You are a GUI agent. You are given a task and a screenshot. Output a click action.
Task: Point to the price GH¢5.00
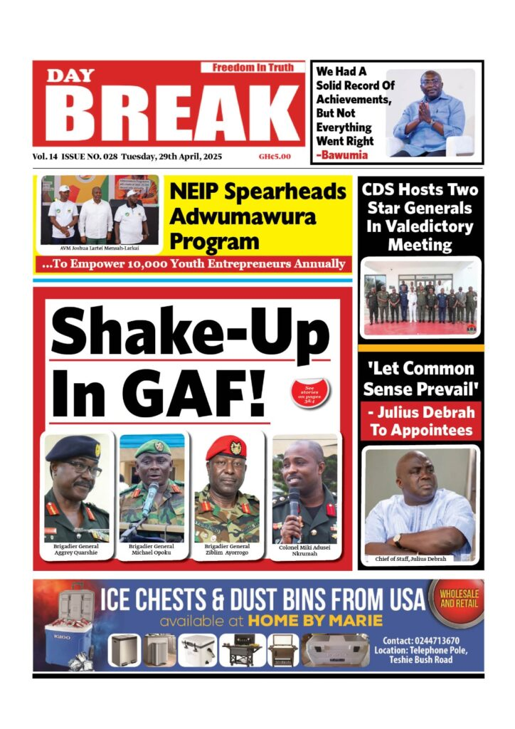click(275, 157)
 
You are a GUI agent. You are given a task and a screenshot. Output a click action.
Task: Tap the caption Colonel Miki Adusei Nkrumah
click(304, 550)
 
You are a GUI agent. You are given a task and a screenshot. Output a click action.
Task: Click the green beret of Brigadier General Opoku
click(153, 447)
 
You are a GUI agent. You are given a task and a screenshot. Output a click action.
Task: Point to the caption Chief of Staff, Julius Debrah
click(411, 560)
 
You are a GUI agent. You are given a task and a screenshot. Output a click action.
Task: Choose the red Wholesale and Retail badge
click(459, 599)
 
